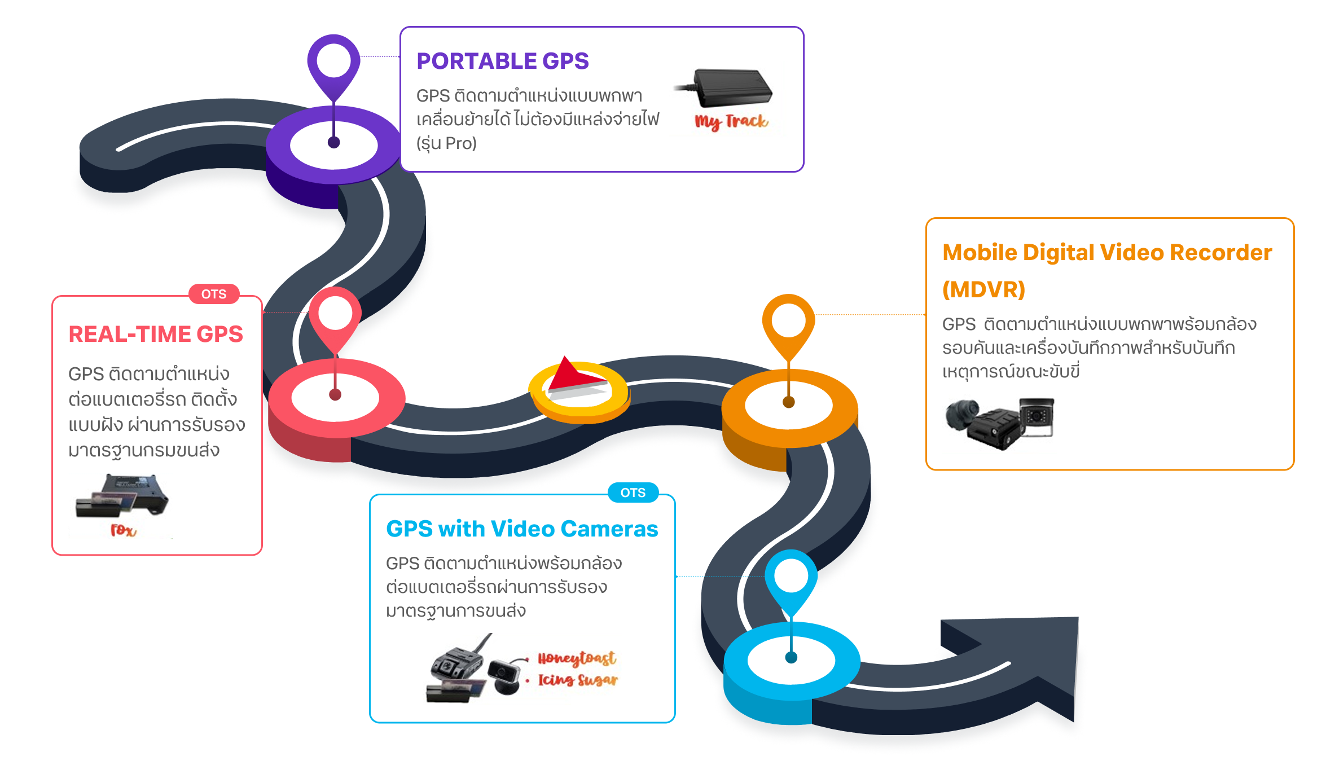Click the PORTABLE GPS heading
502,61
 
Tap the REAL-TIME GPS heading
156,334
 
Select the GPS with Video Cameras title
522,529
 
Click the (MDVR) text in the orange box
983,289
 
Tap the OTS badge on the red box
214,294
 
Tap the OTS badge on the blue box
633,492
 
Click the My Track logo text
731,121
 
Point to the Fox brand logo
123,530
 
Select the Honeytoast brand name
576,658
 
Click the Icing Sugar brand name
578,680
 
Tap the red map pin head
335,313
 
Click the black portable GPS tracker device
731,87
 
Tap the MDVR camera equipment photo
999,423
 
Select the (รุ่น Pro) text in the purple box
446,143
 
